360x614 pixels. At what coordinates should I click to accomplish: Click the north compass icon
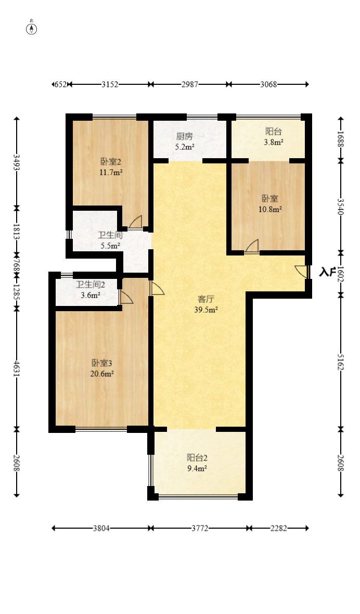click(32, 29)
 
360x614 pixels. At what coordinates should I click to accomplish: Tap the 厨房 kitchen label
click(184, 136)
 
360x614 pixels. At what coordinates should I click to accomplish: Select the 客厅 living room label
click(206, 299)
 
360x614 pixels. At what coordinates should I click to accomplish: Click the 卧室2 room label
click(111, 161)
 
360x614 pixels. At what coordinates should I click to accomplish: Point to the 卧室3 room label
click(102, 363)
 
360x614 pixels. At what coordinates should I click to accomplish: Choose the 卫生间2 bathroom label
click(91, 285)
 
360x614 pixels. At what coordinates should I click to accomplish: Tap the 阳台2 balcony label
click(197, 457)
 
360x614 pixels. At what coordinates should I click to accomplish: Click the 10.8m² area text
click(271, 209)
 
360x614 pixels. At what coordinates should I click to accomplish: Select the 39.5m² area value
click(206, 310)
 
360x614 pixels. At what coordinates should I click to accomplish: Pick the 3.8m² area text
click(274, 142)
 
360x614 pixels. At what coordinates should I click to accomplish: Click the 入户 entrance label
click(328, 272)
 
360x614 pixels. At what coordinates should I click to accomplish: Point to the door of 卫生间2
click(126, 297)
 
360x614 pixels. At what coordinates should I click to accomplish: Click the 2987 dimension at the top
click(190, 84)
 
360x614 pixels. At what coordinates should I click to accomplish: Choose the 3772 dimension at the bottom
click(200, 528)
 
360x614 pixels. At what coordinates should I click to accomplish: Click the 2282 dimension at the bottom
click(279, 528)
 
